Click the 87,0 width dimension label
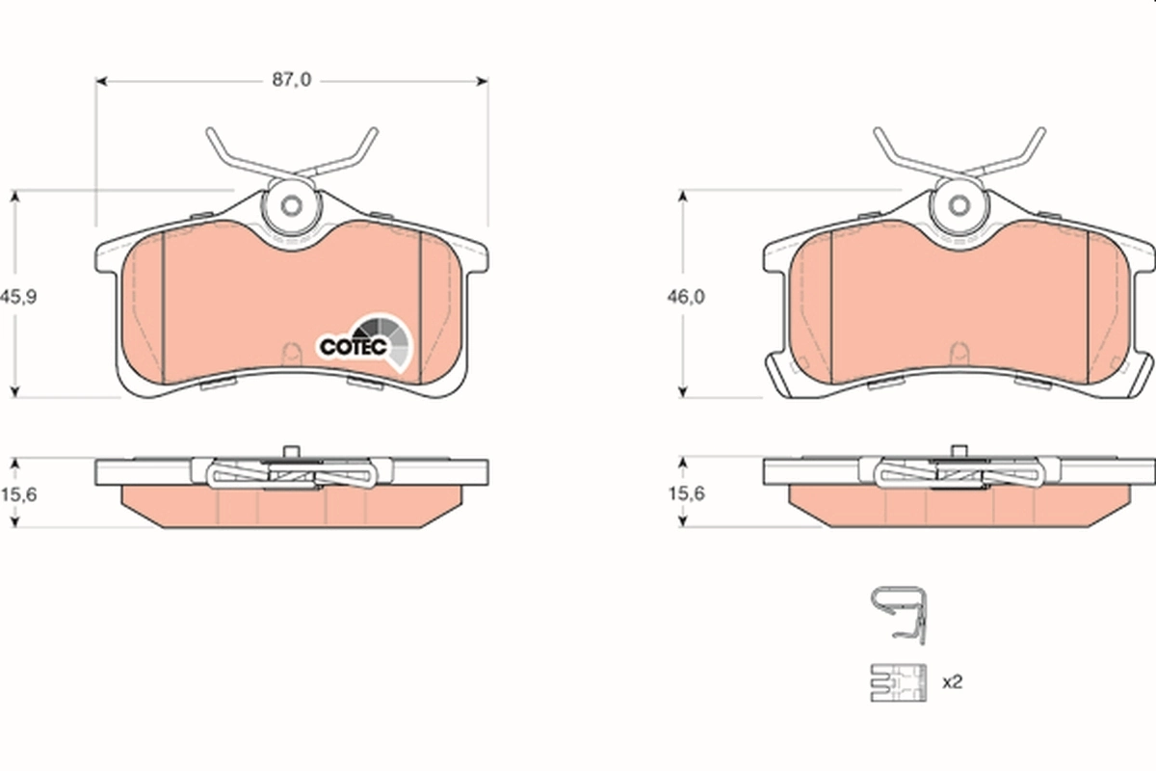(x=290, y=81)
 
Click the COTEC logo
(x=366, y=343)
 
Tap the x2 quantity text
(x=952, y=681)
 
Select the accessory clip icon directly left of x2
(x=897, y=683)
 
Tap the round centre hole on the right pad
(x=959, y=206)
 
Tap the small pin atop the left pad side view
(x=291, y=450)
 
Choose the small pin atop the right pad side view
(x=959, y=450)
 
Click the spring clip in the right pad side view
(x=959, y=472)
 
